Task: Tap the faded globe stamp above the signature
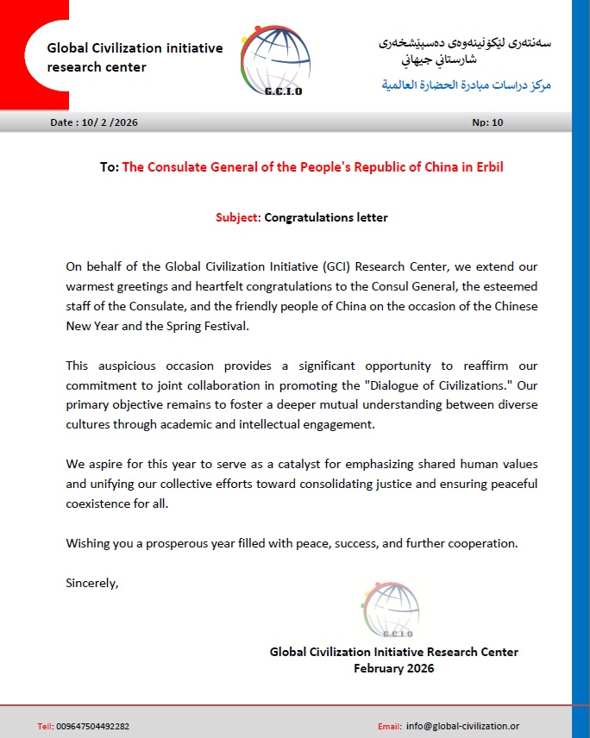click(x=391, y=610)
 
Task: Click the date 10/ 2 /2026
click(x=108, y=122)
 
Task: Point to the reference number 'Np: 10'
click(x=487, y=122)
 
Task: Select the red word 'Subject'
click(x=236, y=217)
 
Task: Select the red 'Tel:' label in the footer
click(x=46, y=726)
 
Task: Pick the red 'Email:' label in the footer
click(x=390, y=726)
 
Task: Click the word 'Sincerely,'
click(x=92, y=582)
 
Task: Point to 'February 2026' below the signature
click(x=394, y=668)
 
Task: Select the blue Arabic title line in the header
click(x=466, y=85)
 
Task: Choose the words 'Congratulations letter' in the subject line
click(x=326, y=217)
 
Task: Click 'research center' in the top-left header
click(x=97, y=66)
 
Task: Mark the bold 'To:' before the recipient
click(x=110, y=167)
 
